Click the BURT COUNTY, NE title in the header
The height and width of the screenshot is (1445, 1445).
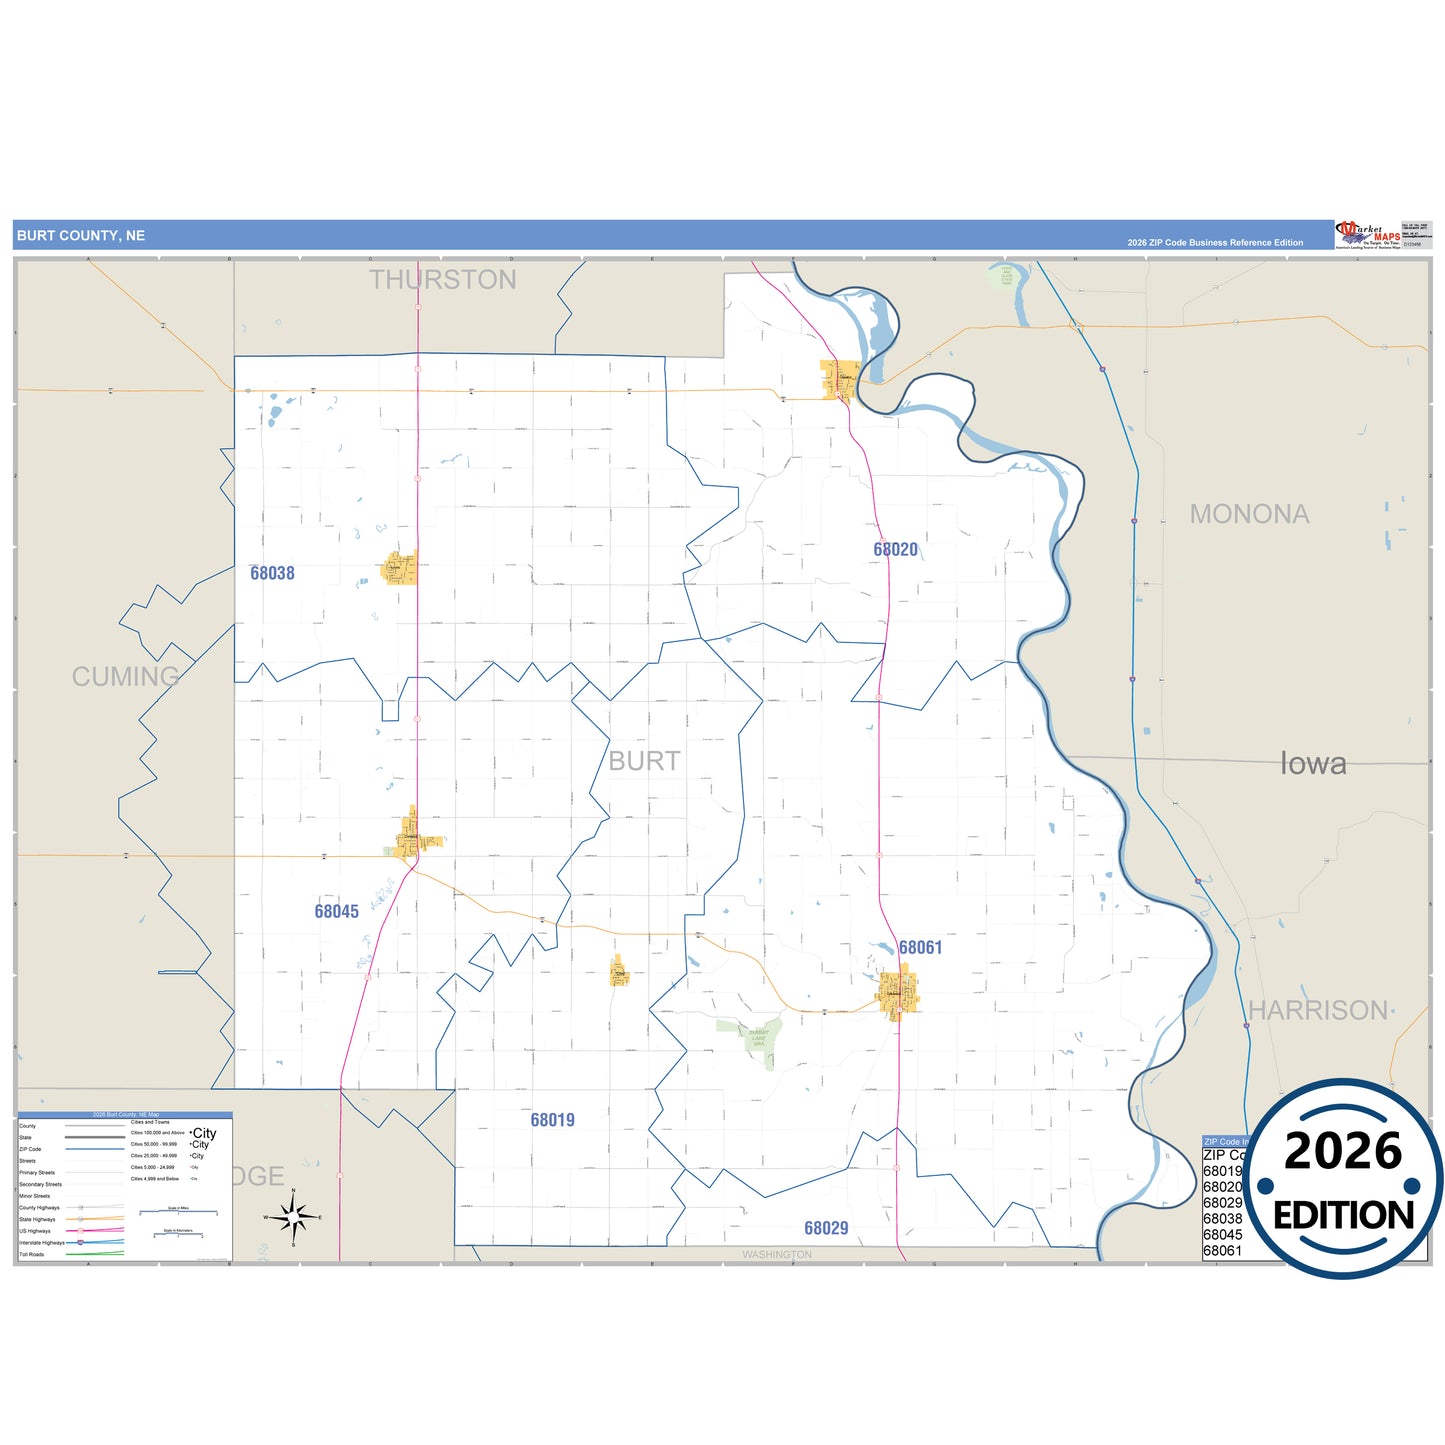pyautogui.click(x=81, y=236)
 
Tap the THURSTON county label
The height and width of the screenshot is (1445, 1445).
pyautogui.click(x=442, y=280)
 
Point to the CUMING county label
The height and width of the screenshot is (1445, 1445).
pyautogui.click(x=125, y=677)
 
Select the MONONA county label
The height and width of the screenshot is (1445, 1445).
pyautogui.click(x=1249, y=514)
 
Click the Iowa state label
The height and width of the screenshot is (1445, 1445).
pyautogui.click(x=1313, y=764)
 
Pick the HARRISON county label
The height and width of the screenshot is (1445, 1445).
pyautogui.click(x=1318, y=1010)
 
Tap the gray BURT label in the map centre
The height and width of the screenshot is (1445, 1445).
pyautogui.click(x=644, y=761)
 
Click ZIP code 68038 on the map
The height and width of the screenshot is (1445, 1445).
pyautogui.click(x=272, y=573)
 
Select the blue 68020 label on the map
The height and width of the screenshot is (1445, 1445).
pyautogui.click(x=895, y=549)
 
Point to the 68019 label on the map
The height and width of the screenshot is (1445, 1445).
pyautogui.click(x=552, y=1120)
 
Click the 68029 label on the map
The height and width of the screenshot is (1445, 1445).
pyautogui.click(x=826, y=1228)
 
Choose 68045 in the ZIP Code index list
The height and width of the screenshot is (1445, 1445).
pyautogui.click(x=1222, y=1235)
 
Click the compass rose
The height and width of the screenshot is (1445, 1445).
pyautogui.click(x=293, y=1217)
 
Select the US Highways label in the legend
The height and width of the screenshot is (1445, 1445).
pyautogui.click(x=35, y=1231)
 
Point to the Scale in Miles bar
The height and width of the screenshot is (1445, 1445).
pyautogui.click(x=179, y=1212)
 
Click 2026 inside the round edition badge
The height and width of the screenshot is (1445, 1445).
pyautogui.click(x=1342, y=1151)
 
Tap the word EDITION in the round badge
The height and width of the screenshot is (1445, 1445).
pyautogui.click(x=1343, y=1215)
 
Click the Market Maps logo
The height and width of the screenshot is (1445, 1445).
pyautogui.click(x=1368, y=236)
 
